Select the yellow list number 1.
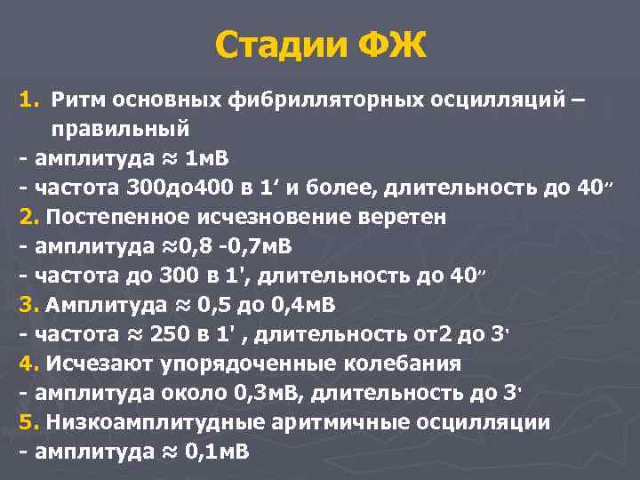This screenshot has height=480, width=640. coord(27,98)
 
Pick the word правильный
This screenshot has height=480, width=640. coord(120,127)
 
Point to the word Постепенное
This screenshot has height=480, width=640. coord(118,217)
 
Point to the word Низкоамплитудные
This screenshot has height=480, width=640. coord(151,422)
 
